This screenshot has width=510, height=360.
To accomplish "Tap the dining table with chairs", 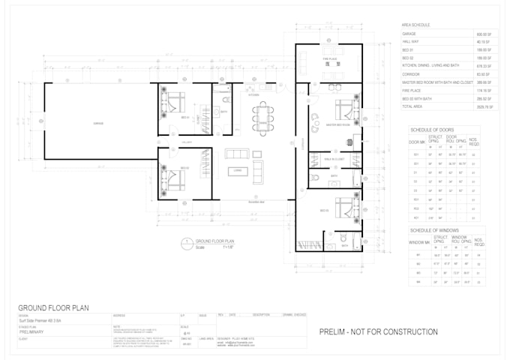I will (x=262, y=118).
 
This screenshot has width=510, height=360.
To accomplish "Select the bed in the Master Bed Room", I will (x=346, y=109).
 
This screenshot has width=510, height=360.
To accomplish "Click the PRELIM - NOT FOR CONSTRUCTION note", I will (x=378, y=331).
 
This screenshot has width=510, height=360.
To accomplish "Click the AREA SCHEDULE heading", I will (x=415, y=25).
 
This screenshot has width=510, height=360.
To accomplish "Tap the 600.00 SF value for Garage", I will (x=483, y=34).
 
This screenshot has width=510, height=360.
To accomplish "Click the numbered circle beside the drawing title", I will (x=184, y=243).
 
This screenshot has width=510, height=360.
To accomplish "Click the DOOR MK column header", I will (x=416, y=142).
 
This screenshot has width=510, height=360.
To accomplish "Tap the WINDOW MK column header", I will (x=419, y=241).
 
